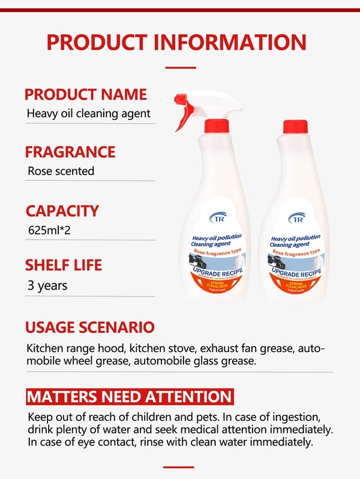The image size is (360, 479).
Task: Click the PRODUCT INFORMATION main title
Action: tap(176, 42)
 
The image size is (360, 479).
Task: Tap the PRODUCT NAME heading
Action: tap(85, 94)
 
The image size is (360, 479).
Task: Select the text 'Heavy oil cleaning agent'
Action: tap(88, 113)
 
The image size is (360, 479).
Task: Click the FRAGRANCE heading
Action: tap(70, 152)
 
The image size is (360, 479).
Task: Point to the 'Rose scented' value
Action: tap(61, 171)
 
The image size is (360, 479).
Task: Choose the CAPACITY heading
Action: tap(62, 210)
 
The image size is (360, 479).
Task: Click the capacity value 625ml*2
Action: tap(52, 230)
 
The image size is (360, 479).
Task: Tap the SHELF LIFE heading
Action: tap(63, 265)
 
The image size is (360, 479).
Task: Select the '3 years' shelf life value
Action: tap(47, 285)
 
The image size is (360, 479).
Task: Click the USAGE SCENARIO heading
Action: tap(90, 327)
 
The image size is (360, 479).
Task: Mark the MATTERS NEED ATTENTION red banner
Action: tap(129, 396)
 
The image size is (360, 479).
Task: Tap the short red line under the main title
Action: tap(179, 67)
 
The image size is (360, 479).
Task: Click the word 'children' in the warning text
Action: tap(152, 417)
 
